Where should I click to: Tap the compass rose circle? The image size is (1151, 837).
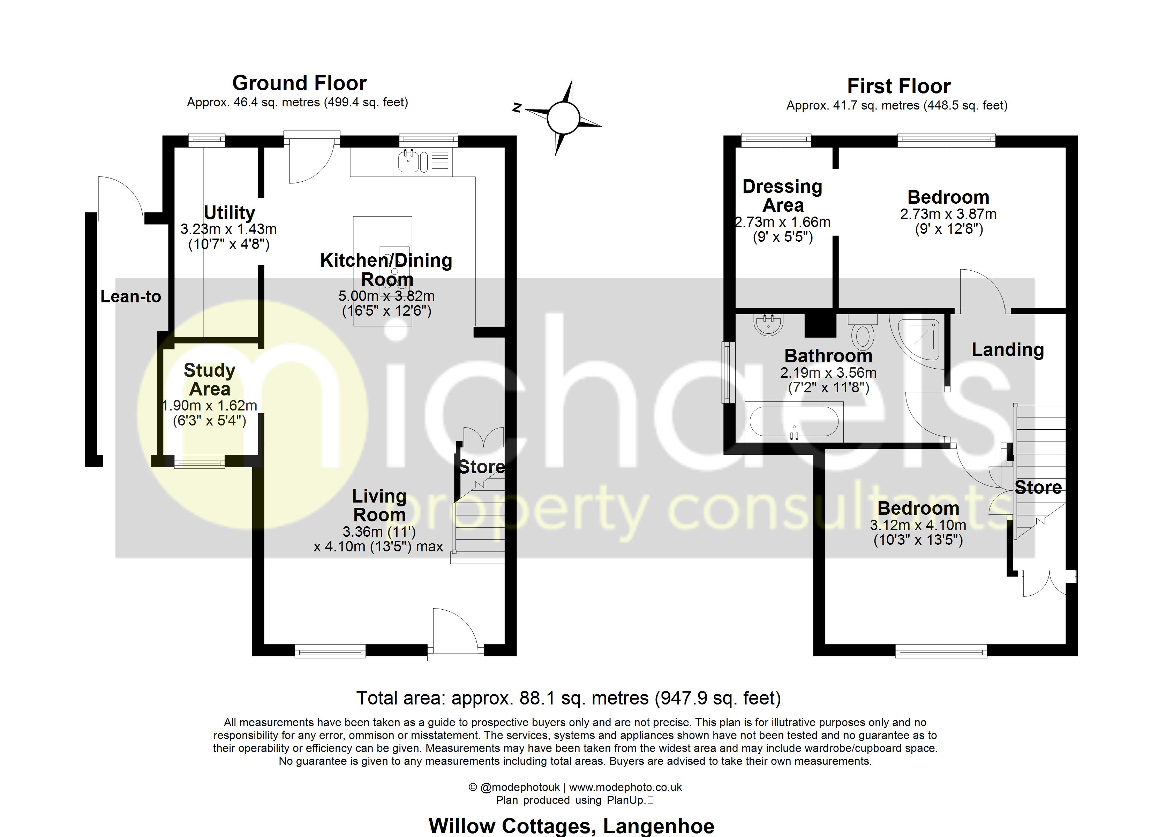pyautogui.click(x=563, y=118)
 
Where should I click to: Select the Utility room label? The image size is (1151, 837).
pyautogui.click(x=230, y=212)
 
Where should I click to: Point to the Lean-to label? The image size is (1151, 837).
pyautogui.click(x=130, y=296)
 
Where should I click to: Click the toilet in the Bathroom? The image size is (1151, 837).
pyautogui.click(x=863, y=332)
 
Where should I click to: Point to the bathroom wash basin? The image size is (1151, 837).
pyautogui.click(x=768, y=324)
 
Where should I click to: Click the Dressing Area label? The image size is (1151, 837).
pyautogui.click(x=782, y=196)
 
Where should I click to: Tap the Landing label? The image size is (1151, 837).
pyautogui.click(x=1007, y=350)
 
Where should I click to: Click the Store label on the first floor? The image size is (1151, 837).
pyautogui.click(x=1038, y=487)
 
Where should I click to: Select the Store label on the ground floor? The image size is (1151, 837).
pyautogui.click(x=482, y=467)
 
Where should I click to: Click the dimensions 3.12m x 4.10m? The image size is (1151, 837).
pyautogui.click(x=918, y=525)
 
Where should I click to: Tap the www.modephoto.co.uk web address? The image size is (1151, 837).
pyautogui.click(x=625, y=787)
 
